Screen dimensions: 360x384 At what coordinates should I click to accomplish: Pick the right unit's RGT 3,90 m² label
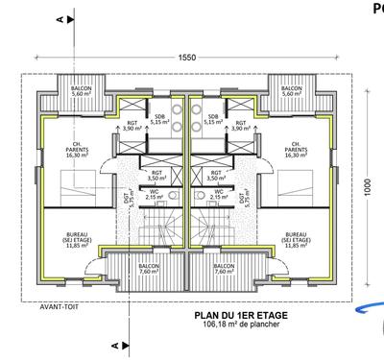coord(241,125)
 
